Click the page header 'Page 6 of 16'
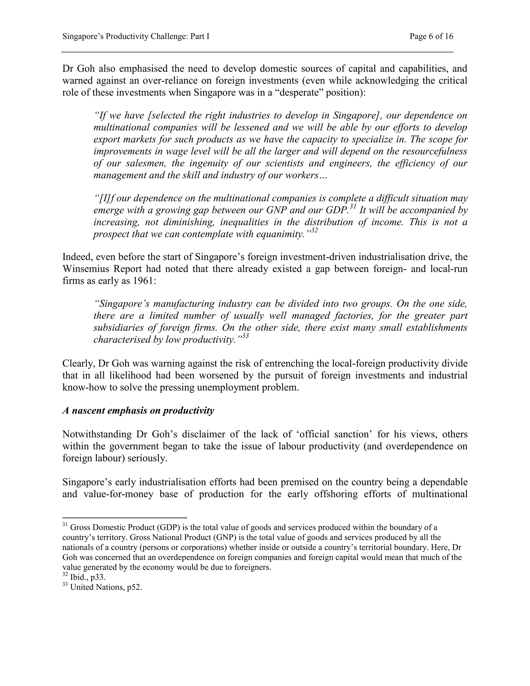tap(431, 37)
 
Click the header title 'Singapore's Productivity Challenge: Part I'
tap(136, 37)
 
